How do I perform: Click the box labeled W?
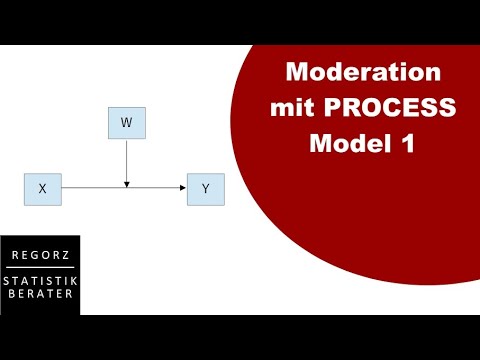coord(126,123)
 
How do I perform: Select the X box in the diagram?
coord(42,188)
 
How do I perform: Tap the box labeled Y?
coord(205,188)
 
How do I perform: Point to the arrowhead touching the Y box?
coord(183,188)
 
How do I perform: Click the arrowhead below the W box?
coord(126,183)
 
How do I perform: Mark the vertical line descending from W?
coord(126,160)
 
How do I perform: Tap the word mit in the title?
coord(291,108)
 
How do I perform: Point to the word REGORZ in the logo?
coord(39,256)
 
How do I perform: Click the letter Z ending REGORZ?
coord(68,256)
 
